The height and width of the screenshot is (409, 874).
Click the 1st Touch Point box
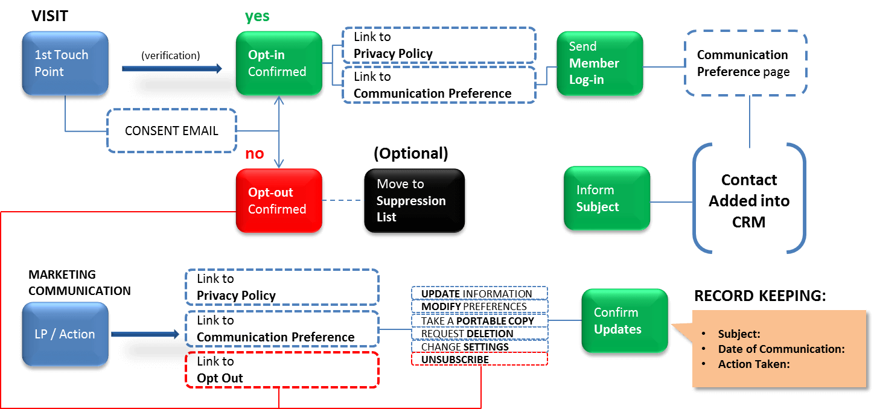pyautogui.click(x=65, y=63)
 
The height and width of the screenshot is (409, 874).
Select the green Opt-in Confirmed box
pyautogui.click(x=278, y=63)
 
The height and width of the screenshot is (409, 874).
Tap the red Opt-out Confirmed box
pyautogui.click(x=278, y=201)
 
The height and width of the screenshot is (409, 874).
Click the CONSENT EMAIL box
pyautogui.click(x=171, y=131)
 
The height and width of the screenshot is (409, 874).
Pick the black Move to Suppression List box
pyautogui.click(x=415, y=201)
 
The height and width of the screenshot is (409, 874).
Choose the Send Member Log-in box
pyautogui.click(x=599, y=63)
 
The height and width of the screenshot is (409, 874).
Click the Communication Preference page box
pyautogui.click(x=745, y=63)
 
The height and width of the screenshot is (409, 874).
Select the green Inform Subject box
pyautogui.click(x=607, y=198)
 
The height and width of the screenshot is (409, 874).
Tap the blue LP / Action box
pyautogui.click(x=65, y=334)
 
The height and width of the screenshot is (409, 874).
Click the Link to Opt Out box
pyautogui.click(x=281, y=370)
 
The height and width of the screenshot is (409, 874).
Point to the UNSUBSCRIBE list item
pyautogui.click(x=479, y=360)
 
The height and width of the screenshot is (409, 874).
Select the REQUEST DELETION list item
pyautogui.click(x=479, y=334)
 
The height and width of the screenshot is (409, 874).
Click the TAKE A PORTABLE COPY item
pyautogui.click(x=479, y=321)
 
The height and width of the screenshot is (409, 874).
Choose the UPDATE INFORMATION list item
pyautogui.click(x=479, y=294)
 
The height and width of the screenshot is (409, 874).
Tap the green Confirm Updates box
pyautogui.click(x=624, y=321)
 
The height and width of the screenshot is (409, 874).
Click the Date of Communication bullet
pyautogui.click(x=780, y=349)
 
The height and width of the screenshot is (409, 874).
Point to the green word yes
pyautogui.click(x=257, y=16)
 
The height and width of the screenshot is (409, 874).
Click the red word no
pyautogui.click(x=254, y=154)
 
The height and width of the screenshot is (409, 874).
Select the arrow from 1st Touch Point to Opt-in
pyautogui.click(x=172, y=69)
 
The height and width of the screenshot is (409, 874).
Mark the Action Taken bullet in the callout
pyautogui.click(x=753, y=364)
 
